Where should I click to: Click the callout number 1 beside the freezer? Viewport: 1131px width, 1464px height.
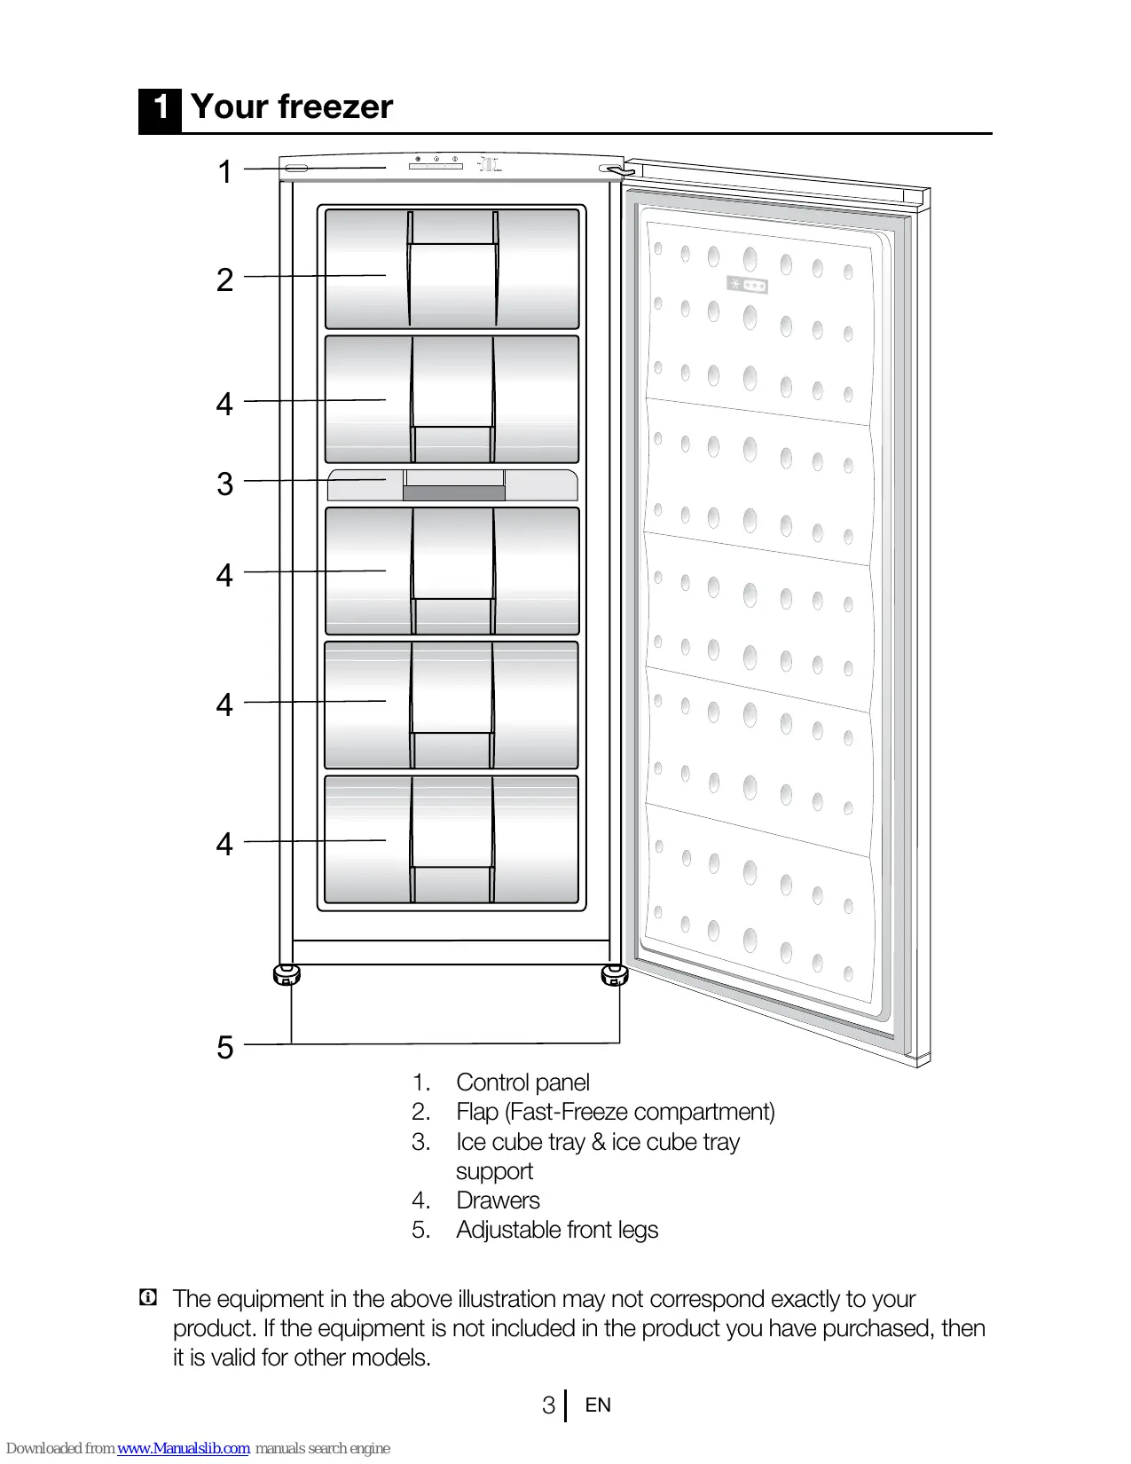[225, 171]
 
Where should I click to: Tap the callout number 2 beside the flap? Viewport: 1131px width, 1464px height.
[225, 280]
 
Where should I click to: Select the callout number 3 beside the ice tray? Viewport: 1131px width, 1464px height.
[225, 484]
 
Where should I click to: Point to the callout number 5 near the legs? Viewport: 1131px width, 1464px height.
[225, 1048]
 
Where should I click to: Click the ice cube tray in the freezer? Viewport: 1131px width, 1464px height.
[452, 485]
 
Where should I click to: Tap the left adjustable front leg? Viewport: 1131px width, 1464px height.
[287, 975]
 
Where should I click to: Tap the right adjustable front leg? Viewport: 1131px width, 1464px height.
[614, 976]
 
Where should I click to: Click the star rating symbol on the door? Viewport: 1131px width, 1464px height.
[747, 286]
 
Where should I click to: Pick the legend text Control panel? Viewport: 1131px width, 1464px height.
[522, 1082]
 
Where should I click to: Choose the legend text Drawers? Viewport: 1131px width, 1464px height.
[498, 1200]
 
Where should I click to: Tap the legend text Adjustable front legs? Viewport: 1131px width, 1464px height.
[557, 1230]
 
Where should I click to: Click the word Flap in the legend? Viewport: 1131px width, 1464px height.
[476, 1112]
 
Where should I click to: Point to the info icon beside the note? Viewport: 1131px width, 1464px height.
[148, 1298]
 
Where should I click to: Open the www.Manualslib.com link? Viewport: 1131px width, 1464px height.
[184, 1448]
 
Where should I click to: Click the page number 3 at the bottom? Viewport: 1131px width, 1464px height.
[548, 1405]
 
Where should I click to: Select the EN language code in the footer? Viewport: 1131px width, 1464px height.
[598, 1405]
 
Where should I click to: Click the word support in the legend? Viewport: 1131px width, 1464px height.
[494, 1171]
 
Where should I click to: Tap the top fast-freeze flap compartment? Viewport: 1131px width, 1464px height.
[452, 269]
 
